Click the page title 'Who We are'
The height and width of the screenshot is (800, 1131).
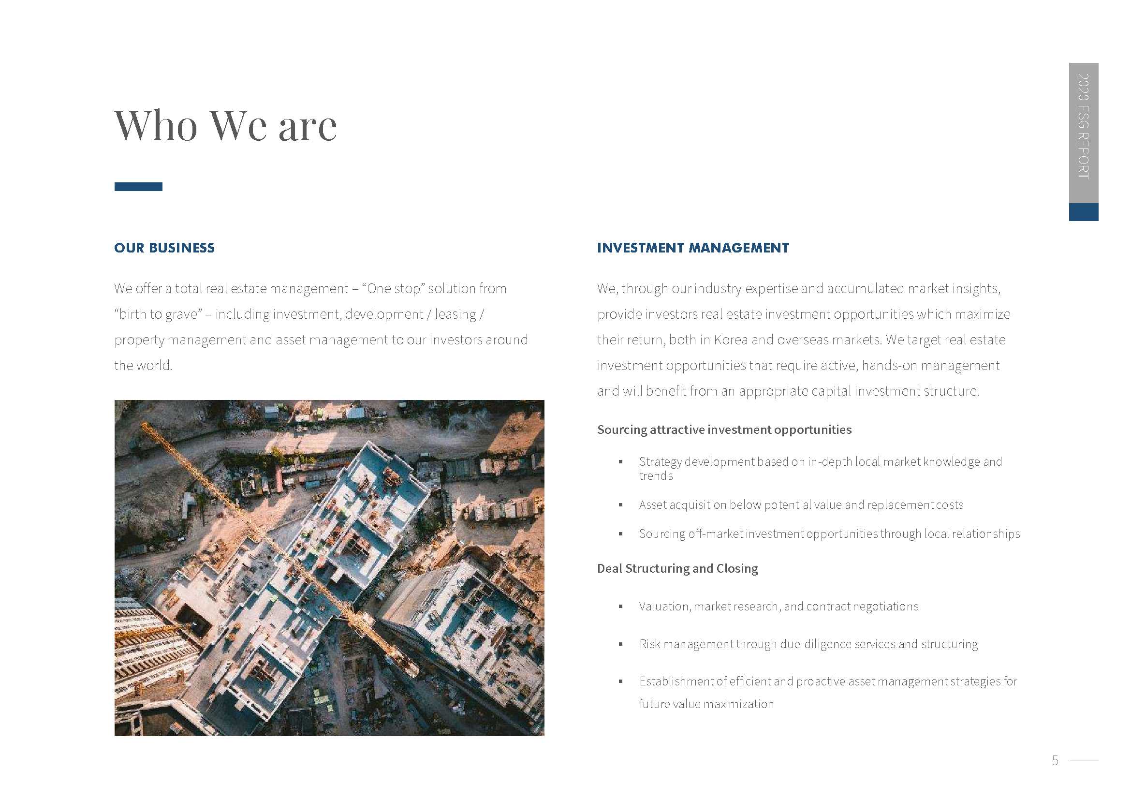click(226, 126)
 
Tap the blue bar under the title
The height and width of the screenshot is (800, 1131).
click(138, 187)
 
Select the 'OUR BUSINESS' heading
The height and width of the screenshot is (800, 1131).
click(164, 248)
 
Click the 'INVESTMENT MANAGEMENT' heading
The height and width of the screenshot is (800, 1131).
click(692, 248)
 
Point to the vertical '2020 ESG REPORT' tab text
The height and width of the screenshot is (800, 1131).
click(1083, 126)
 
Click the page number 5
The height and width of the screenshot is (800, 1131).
click(1055, 761)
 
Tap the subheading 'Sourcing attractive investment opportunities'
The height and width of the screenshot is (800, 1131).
click(724, 430)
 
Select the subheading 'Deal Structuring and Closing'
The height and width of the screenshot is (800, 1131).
click(677, 568)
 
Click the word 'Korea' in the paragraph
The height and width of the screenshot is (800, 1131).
click(731, 340)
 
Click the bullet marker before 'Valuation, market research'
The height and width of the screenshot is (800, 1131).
click(621, 607)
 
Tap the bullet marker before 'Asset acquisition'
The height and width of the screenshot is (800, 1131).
click(621, 505)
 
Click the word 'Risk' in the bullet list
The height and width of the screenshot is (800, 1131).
click(649, 644)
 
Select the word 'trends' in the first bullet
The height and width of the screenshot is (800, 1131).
click(656, 476)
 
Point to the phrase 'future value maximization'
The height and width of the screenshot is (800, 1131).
click(706, 704)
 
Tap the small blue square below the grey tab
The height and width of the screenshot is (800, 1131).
click(1083, 212)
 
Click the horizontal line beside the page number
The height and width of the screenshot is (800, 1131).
click(1084, 760)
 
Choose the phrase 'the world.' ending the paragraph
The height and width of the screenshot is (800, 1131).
click(143, 366)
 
